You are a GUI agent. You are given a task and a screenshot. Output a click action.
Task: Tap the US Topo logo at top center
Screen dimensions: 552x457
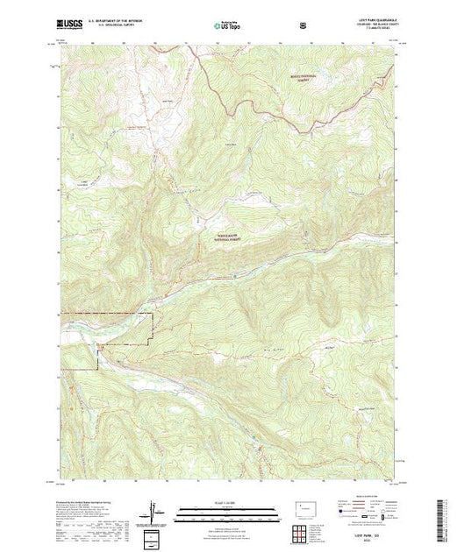(227, 27)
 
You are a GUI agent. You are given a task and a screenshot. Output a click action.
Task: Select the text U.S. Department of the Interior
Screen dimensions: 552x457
(125, 24)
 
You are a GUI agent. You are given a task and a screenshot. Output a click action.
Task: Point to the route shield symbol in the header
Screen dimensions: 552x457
(303, 26)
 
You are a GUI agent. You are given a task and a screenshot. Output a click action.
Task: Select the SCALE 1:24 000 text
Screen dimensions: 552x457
(227, 502)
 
